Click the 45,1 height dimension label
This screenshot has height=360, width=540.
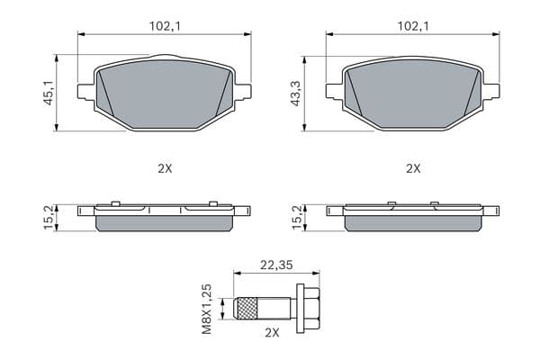(x=48, y=93)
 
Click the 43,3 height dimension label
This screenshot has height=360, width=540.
(x=296, y=93)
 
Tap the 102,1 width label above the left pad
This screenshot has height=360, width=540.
(x=165, y=26)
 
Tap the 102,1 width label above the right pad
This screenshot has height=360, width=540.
(x=413, y=26)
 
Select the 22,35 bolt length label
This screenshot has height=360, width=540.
(x=276, y=265)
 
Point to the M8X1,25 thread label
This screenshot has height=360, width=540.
(x=207, y=309)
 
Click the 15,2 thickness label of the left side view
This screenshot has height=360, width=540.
(x=49, y=218)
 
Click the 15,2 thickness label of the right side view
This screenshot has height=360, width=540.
(x=297, y=218)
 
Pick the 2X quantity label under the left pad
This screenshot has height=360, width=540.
(x=165, y=168)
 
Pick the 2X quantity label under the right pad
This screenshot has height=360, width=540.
(x=413, y=168)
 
